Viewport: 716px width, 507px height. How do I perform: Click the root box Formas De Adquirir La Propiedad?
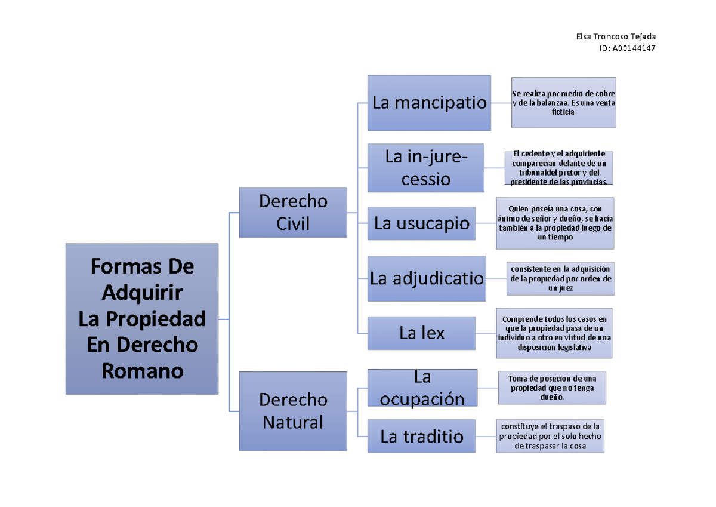click(x=142, y=319)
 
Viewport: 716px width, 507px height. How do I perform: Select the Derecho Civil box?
click(x=293, y=213)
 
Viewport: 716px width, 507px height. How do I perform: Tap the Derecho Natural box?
click(x=293, y=411)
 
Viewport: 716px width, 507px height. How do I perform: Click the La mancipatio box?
click(x=429, y=103)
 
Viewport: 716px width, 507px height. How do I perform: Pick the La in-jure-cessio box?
click(x=426, y=168)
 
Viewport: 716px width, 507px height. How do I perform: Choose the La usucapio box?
click(x=422, y=223)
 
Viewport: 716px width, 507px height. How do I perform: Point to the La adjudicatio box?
click(x=427, y=279)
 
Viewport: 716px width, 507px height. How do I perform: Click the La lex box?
click(x=422, y=333)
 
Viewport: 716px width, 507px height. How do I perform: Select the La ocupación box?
click(x=422, y=388)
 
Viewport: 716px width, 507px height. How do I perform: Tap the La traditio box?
click(x=422, y=437)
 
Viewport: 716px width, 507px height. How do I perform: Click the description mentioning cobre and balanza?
click(x=563, y=103)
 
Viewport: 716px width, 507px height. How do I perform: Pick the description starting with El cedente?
click(x=558, y=168)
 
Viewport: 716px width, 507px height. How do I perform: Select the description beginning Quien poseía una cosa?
click(x=555, y=223)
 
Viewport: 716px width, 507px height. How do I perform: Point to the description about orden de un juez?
click(x=561, y=279)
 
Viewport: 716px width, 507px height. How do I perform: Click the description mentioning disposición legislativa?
click(x=554, y=333)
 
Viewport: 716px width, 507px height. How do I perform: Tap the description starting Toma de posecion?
click(x=552, y=388)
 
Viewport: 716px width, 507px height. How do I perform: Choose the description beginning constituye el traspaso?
click(x=550, y=437)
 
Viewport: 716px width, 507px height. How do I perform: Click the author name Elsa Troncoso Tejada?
click(x=616, y=37)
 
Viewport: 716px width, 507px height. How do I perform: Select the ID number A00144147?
click(x=634, y=48)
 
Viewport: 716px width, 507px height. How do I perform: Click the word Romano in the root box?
click(x=143, y=371)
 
